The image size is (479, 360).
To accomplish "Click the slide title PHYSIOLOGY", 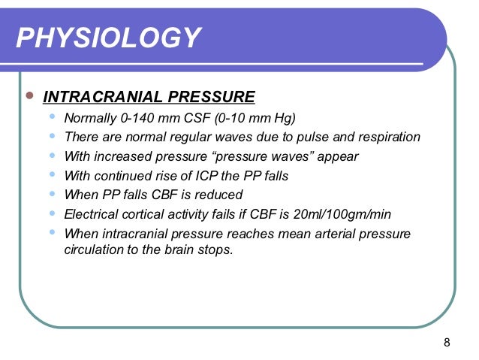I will pyautogui.click(x=109, y=37).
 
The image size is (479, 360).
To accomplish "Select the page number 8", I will pyautogui.click(x=447, y=343).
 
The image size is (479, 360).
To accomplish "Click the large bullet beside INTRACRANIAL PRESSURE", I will pyautogui.click(x=29, y=96).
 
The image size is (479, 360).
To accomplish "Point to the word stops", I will pyautogui.click(x=217, y=250).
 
